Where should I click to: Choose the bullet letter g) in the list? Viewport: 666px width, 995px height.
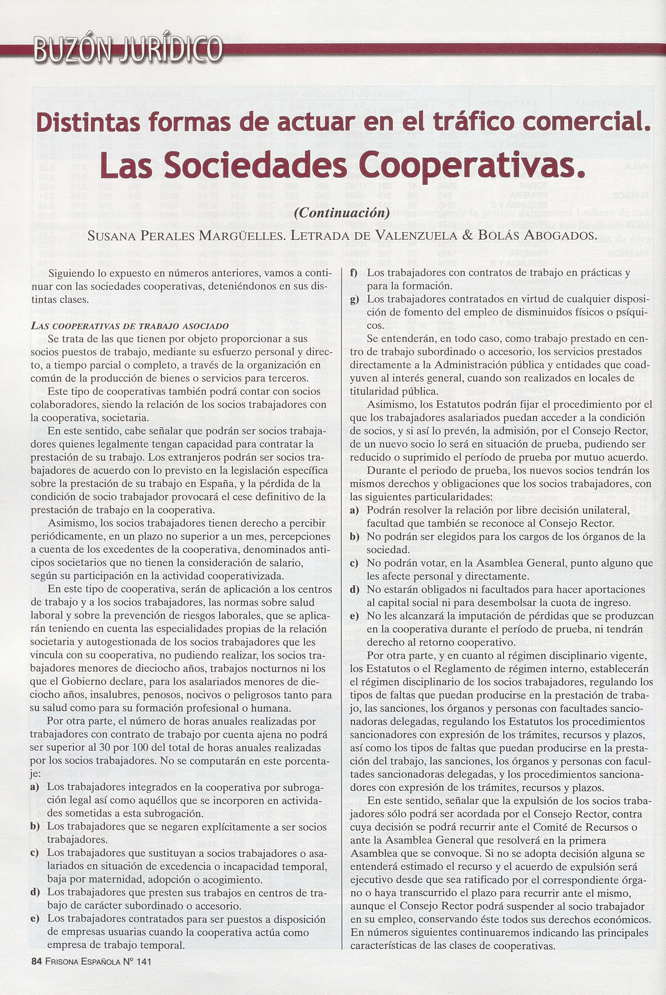point(355,299)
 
